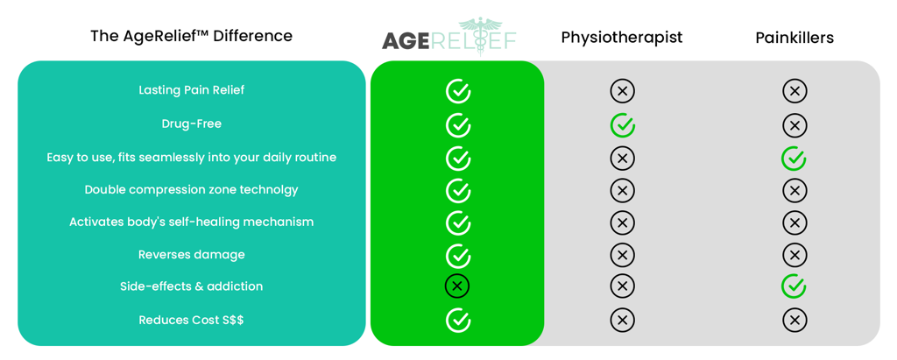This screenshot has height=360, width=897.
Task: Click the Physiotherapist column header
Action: [x=621, y=38]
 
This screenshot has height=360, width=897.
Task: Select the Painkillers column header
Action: [x=794, y=38]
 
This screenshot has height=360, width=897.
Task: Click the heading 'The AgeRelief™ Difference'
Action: [x=191, y=36]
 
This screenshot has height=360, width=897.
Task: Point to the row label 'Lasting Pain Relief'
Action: [x=192, y=90]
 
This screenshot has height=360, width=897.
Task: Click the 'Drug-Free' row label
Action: [x=192, y=124]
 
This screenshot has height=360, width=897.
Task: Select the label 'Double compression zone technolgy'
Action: [x=192, y=189]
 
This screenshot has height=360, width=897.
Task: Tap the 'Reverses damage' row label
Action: [x=192, y=255]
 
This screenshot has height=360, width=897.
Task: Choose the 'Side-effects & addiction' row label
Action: [x=192, y=286]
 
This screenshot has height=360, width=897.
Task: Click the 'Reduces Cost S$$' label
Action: [x=192, y=320]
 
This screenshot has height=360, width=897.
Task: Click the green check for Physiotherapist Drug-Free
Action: [x=623, y=125]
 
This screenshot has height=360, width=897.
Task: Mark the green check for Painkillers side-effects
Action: [x=794, y=286]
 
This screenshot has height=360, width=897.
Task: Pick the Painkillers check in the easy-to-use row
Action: [x=794, y=159]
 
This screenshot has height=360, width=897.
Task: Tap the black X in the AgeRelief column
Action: [x=457, y=286]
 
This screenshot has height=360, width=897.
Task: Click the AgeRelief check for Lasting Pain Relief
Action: [x=457, y=91]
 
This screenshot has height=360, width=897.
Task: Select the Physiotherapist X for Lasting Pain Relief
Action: [x=623, y=91]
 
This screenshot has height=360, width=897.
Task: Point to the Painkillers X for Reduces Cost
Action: [x=794, y=321]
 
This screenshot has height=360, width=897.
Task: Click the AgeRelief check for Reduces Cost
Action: [x=457, y=321]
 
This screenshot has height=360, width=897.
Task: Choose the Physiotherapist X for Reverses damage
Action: [x=623, y=255]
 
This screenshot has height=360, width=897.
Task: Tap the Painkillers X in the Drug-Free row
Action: [x=794, y=125]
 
